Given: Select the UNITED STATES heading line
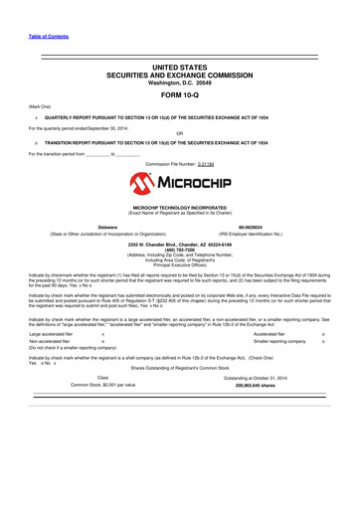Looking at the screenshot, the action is click(x=179, y=66).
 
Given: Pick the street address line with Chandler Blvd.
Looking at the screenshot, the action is click(x=180, y=243).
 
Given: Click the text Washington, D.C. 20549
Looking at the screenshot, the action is click(x=179, y=83).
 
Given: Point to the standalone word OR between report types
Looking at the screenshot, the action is click(x=179, y=134).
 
